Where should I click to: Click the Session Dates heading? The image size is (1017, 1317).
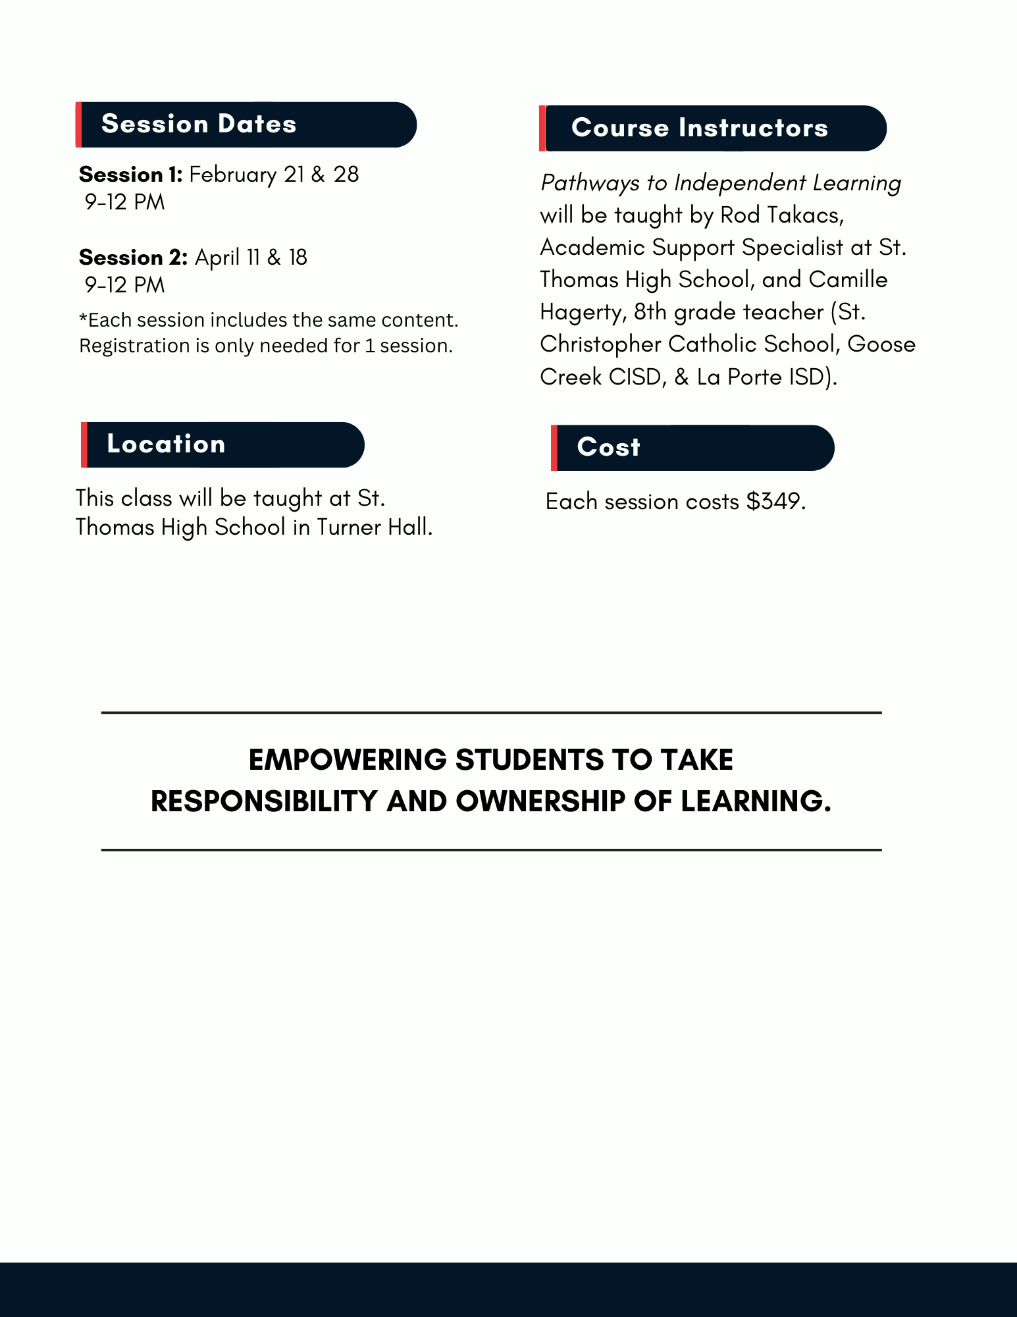(199, 124)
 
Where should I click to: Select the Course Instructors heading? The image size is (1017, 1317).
(699, 128)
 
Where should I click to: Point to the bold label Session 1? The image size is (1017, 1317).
(130, 175)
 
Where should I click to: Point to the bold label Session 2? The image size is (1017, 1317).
(133, 257)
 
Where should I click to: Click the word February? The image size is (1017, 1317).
(232, 175)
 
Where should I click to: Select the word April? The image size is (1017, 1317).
(217, 257)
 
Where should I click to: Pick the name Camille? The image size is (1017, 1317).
(848, 280)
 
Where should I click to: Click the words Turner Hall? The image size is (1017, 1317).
(374, 527)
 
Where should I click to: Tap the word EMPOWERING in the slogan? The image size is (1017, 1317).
(348, 760)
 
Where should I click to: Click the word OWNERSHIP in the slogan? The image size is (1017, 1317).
(540, 801)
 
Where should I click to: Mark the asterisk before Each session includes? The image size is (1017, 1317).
(83, 319)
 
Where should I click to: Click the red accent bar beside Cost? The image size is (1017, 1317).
(554, 448)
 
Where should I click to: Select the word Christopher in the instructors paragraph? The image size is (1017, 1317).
(600, 344)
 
